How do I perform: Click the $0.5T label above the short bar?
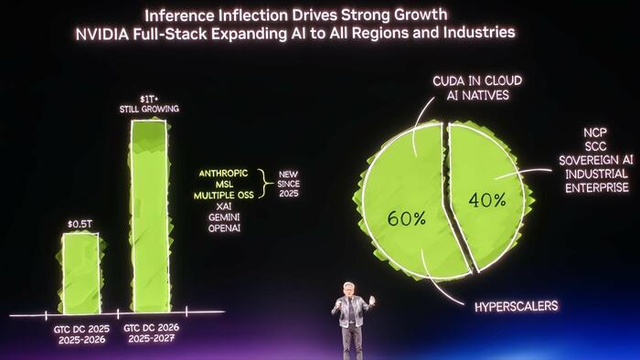click(x=80, y=224)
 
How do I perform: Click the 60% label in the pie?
click(x=405, y=219)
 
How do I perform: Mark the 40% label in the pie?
click(x=487, y=200)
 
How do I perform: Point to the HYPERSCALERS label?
click(x=516, y=306)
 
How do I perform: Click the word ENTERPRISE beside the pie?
click(x=595, y=187)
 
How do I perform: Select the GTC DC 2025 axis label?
click(x=79, y=328)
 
